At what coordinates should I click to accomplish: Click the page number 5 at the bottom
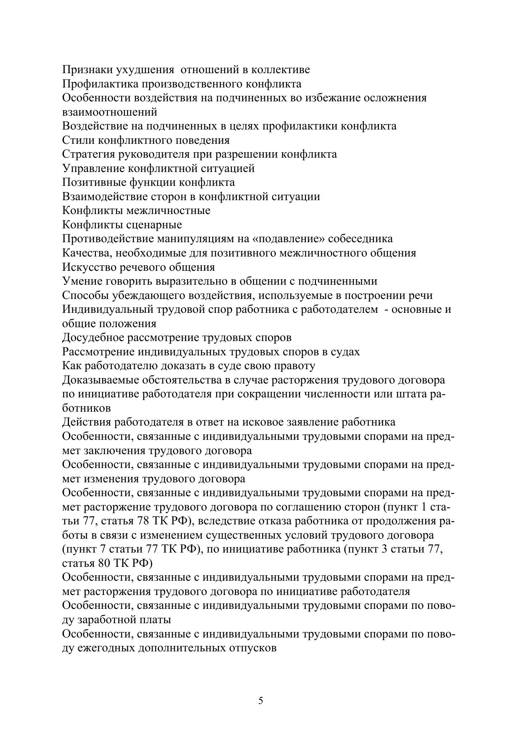[261, 701]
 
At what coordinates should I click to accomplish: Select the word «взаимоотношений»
[110, 112]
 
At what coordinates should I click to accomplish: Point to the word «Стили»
[76, 140]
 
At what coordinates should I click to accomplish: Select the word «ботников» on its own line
[87, 408]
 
